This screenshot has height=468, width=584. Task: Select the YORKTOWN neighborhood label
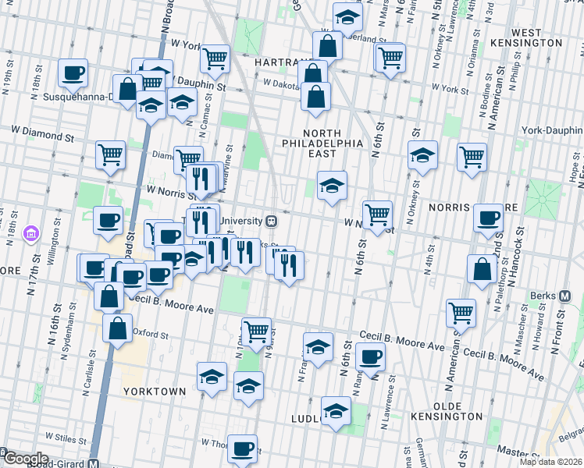coord(154,391)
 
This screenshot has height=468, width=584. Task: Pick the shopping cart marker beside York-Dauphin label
coord(472,157)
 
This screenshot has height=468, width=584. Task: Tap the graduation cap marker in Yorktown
coord(212,377)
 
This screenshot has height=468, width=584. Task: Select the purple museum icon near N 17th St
coord(31,232)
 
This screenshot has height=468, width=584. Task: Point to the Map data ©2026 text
coord(550,462)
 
